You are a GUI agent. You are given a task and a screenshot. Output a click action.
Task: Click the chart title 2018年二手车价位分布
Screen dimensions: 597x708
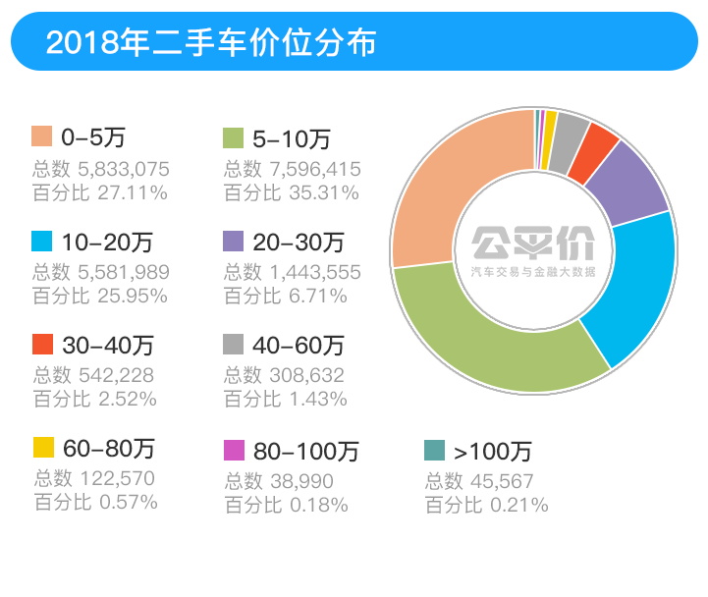211,42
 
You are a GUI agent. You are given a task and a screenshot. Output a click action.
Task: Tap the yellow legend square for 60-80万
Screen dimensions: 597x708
42,449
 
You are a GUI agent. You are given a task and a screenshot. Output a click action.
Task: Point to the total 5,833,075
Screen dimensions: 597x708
115,169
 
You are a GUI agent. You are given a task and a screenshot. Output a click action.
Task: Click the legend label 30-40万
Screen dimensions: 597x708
108,346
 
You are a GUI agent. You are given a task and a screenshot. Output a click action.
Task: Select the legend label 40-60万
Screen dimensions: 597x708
299,346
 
